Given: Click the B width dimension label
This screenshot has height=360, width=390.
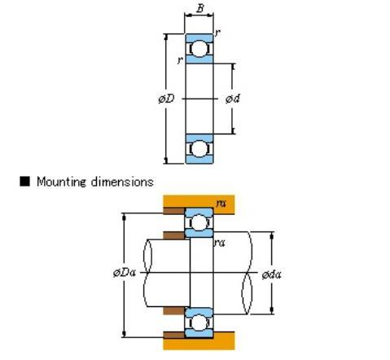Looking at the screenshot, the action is coord(200,8).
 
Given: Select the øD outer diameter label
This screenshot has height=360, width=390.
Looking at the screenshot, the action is coord(166,99).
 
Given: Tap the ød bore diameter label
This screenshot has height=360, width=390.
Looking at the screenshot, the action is coord(233,99).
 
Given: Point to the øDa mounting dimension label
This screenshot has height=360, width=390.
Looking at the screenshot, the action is coord(125,272).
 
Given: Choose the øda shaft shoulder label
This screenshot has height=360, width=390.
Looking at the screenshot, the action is coord(271,274).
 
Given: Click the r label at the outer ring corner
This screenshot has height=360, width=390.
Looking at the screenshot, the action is coord(217,33).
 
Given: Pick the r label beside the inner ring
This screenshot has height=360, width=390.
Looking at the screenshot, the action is coord(180,60).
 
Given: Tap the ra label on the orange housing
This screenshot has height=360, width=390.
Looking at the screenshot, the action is coord(221,203).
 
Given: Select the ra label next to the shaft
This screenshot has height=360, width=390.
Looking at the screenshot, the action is coord(219,243).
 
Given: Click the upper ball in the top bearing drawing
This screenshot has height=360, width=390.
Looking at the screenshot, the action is coord(199,49).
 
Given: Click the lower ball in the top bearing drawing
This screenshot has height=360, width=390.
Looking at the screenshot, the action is coord(199,149).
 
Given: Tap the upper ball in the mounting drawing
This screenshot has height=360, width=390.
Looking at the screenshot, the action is coord(199,222).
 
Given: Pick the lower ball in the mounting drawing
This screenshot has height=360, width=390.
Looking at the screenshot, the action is coord(199,323).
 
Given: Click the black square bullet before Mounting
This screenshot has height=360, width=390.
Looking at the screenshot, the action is coord(24,181).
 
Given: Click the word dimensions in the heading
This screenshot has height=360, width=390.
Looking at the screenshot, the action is coord(122,182).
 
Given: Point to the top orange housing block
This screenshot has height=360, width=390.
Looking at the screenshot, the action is coord(199,204).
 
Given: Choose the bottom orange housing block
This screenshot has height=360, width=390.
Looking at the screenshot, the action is coord(199,341).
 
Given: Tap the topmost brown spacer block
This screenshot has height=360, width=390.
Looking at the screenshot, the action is coord(173,211).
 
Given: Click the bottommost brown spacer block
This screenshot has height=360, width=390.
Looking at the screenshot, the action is coord(173,335).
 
